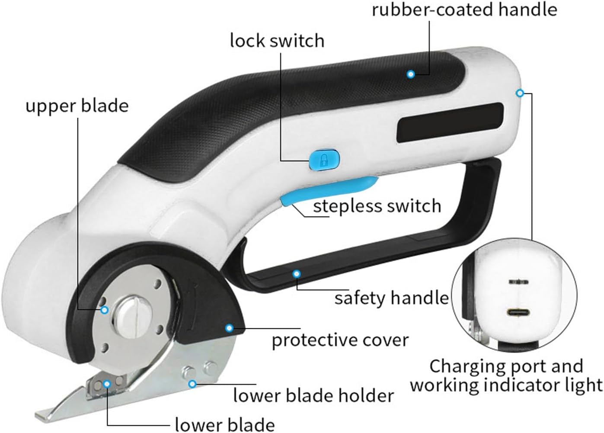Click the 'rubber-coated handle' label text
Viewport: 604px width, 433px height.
tap(464, 9)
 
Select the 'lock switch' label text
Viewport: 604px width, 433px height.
tap(277, 41)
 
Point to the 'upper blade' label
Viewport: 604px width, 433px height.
tap(77, 106)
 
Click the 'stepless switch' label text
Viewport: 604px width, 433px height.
tap(377, 206)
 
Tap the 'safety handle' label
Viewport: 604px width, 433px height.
tap(391, 298)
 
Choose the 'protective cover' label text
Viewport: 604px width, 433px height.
tap(340, 340)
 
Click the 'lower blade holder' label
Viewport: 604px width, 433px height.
tap(313, 395)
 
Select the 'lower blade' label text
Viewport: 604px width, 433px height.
tap(225, 424)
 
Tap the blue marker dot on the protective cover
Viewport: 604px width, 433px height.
tap(229, 328)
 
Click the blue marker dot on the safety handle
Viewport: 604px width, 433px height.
tap(296, 273)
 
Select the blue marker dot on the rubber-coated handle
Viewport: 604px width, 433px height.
tap(411, 74)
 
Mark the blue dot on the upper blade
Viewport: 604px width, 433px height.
tap(104, 310)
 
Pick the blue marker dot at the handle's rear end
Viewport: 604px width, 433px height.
tap(520, 93)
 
